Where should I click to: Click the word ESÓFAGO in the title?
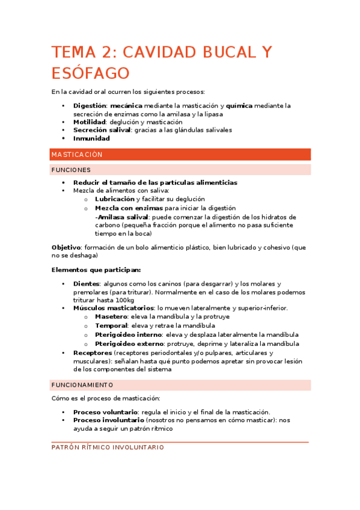(x=90, y=73)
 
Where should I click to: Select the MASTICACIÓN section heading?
(x=77, y=155)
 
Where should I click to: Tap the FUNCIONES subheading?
(x=71, y=170)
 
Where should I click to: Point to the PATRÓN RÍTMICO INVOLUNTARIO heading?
(x=108, y=447)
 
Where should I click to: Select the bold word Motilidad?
(x=90, y=122)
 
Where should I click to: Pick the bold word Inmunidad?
(x=91, y=138)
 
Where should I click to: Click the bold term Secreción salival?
(x=102, y=130)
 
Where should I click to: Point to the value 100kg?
(x=124, y=300)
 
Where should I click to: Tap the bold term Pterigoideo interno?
(x=128, y=334)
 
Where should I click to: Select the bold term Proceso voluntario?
(x=105, y=412)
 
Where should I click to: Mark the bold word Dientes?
(x=86, y=284)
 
